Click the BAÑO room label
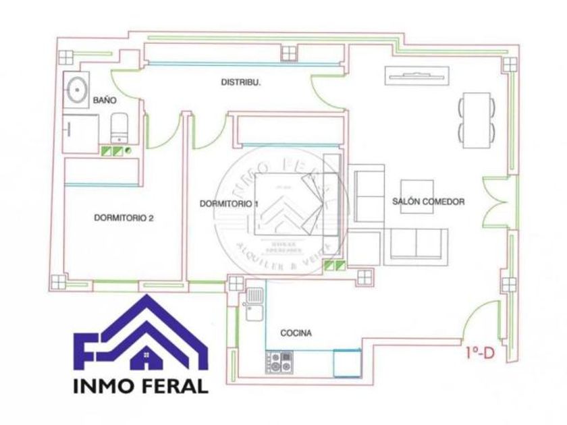[105, 100]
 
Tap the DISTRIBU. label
[241, 82]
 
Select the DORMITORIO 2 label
[124, 217]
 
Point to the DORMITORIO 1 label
[230, 203]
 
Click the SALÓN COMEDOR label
[428, 202]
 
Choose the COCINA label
[296, 333]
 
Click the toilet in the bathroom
[119, 129]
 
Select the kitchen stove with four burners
[279, 362]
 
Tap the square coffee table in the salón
[417, 196]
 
